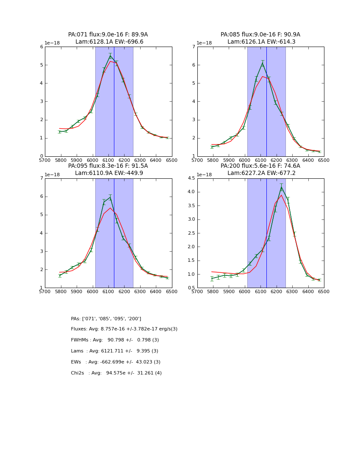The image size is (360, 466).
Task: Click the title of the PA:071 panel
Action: (108, 38)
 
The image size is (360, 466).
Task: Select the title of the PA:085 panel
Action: (260, 38)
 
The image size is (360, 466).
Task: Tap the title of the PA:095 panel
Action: (108, 169)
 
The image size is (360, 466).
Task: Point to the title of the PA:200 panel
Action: (260, 169)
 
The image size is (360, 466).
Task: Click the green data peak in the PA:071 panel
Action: (110, 56)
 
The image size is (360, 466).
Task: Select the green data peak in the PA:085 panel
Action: (262, 64)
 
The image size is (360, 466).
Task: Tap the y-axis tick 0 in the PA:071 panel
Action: (42, 156)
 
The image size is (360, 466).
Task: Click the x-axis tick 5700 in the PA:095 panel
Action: (45, 291)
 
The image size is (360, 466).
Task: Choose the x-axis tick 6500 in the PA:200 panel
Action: (324, 291)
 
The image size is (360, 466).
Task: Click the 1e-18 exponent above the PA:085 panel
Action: (205, 43)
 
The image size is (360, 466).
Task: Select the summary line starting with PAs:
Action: (106, 319)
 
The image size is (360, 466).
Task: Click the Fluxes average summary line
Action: (124, 329)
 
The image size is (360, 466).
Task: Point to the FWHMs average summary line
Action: (115, 340)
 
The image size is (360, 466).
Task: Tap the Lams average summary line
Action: (114, 351)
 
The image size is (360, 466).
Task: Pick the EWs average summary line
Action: (116, 362)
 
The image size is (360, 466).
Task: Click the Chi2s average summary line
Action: (116, 373)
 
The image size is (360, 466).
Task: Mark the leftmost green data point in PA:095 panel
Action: (60, 276)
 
